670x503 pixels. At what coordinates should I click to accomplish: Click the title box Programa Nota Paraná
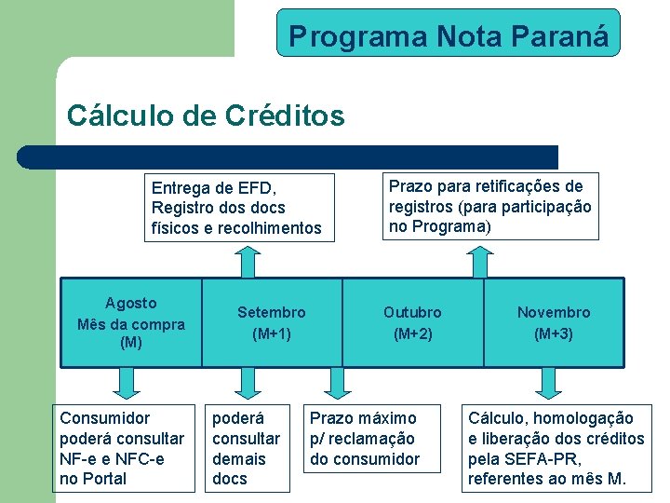pyautogui.click(x=448, y=34)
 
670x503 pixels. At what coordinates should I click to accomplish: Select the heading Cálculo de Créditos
pyautogui.click(x=206, y=116)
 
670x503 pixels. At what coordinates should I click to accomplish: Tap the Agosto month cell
pyautogui.click(x=131, y=322)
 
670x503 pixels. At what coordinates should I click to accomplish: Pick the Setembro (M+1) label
pyautogui.click(x=271, y=322)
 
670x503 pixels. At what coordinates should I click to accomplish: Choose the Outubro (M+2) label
pyautogui.click(x=413, y=322)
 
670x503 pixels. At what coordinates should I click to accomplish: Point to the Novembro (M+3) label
pyautogui.click(x=554, y=322)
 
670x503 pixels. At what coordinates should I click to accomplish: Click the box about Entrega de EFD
pyautogui.click(x=236, y=208)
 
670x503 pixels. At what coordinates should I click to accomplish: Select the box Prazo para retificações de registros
pyautogui.click(x=490, y=207)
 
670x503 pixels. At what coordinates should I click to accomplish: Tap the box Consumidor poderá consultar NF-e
pyautogui.click(x=122, y=448)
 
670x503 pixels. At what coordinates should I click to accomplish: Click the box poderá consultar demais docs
pyautogui.click(x=246, y=448)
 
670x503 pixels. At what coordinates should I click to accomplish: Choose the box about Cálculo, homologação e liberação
pyautogui.click(x=556, y=448)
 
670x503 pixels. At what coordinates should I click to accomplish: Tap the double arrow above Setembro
pyautogui.click(x=248, y=261)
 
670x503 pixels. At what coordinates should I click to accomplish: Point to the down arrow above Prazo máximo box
pyautogui.click(x=334, y=381)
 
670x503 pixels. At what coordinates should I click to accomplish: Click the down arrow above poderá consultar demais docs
pyautogui.click(x=248, y=381)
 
